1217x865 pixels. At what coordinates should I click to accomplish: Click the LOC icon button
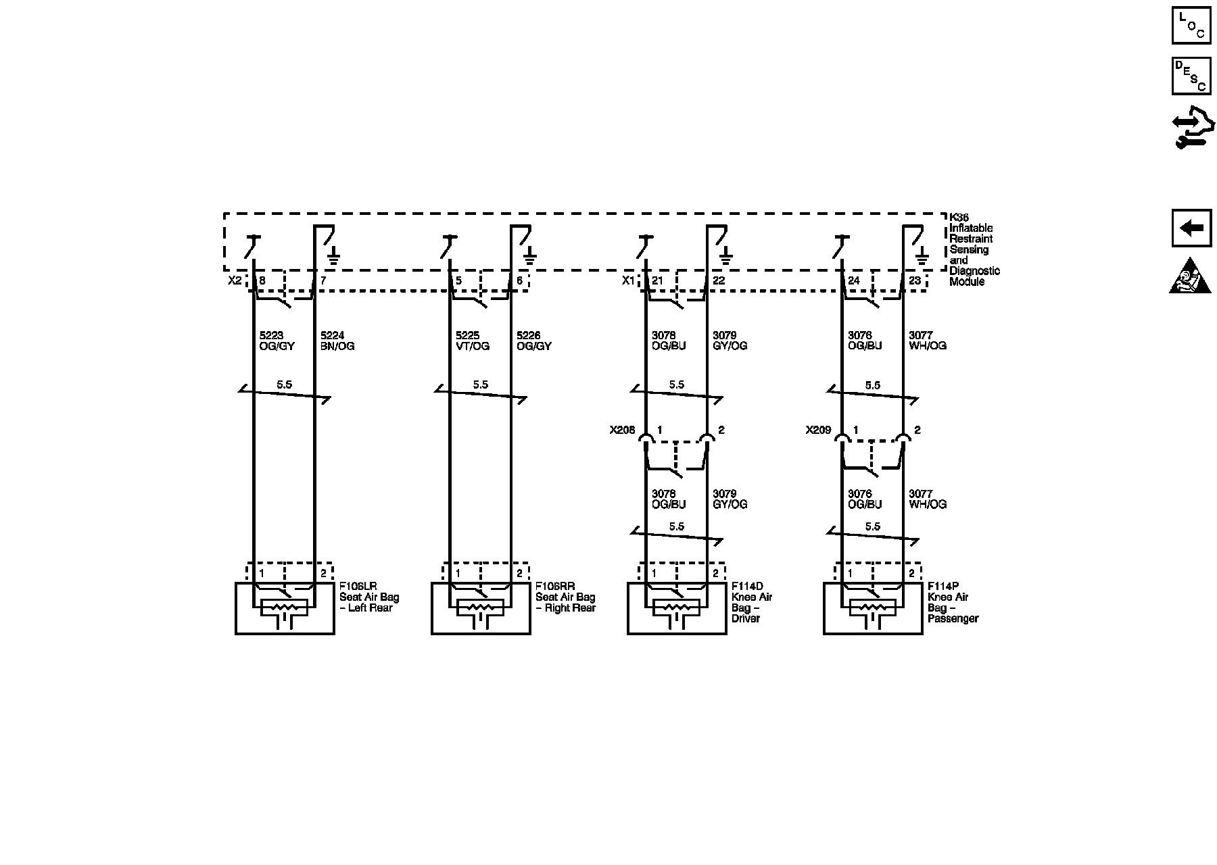click(1191, 26)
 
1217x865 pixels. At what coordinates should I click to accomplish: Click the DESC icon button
click(1191, 76)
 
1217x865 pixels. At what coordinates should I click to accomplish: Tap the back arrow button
click(1191, 228)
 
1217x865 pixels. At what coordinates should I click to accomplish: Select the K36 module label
click(974, 249)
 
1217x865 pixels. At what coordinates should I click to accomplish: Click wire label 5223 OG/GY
click(277, 341)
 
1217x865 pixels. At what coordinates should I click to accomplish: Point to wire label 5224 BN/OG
click(337, 341)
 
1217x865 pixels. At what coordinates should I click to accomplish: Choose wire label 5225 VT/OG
click(473, 341)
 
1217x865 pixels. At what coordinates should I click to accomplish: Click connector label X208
click(622, 430)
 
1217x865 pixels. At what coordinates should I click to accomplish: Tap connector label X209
click(818, 430)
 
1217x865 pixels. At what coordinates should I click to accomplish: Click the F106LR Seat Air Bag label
click(369, 597)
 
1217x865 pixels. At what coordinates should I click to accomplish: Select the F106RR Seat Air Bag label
click(565, 597)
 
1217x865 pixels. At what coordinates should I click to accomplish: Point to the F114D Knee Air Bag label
click(752, 602)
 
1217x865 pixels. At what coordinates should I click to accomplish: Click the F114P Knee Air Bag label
click(953, 602)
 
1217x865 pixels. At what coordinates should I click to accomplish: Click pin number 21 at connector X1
click(657, 280)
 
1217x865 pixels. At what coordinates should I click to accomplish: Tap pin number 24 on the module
click(853, 280)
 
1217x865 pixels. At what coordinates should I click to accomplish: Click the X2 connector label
click(234, 280)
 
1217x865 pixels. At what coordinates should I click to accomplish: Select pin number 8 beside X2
click(262, 280)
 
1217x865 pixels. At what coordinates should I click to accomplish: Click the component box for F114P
click(872, 608)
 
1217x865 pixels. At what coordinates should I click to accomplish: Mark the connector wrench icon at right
click(1191, 130)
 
